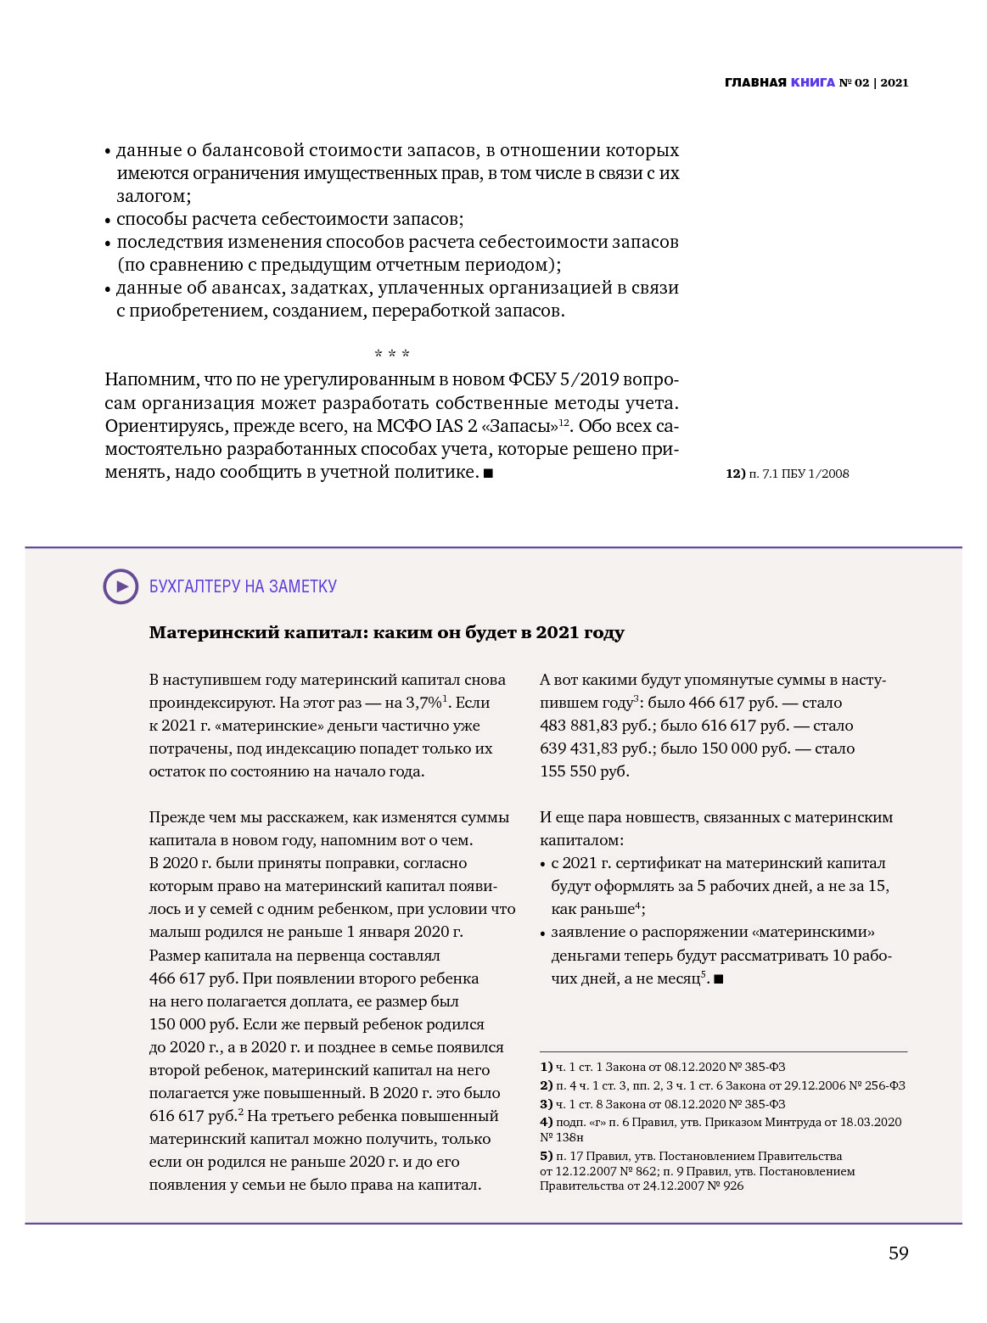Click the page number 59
(898, 1253)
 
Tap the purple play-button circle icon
(121, 586)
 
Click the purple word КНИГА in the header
(812, 82)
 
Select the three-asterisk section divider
(392, 354)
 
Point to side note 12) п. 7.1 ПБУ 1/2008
(787, 474)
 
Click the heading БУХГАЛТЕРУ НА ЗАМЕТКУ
(243, 586)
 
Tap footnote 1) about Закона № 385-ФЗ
(662, 1067)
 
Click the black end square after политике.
(489, 474)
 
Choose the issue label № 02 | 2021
(873, 82)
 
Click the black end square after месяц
(719, 979)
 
